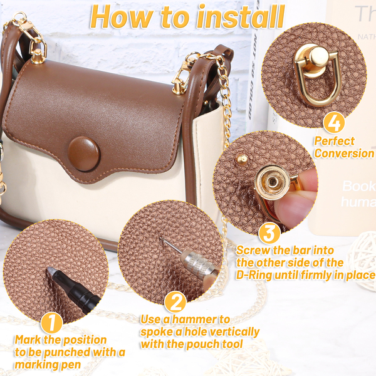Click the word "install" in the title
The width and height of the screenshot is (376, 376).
point(241,17)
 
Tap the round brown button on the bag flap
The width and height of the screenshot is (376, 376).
point(84,154)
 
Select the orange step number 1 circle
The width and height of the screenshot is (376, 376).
point(51,323)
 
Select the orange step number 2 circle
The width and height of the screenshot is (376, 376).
point(175,303)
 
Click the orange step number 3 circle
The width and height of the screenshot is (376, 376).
point(269,233)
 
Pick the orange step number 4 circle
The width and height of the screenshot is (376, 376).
point(334,123)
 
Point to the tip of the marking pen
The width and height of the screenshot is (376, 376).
point(49,269)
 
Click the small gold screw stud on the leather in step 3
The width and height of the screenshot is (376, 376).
point(242,159)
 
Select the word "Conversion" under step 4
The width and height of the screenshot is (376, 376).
point(344,153)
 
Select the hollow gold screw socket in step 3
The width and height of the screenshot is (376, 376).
point(273,182)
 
